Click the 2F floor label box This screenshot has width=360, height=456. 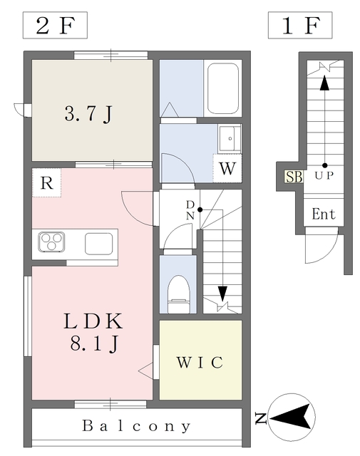[55, 26]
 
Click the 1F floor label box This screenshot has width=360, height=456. [300, 26]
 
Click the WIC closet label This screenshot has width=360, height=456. [200, 362]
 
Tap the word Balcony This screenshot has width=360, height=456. [136, 427]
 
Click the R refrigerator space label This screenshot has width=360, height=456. [46, 182]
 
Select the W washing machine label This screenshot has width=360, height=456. [227, 170]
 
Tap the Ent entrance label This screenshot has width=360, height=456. [324, 214]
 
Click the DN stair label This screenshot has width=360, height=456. [190, 209]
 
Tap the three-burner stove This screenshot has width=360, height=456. [51, 243]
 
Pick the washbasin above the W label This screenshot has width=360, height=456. [230, 138]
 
